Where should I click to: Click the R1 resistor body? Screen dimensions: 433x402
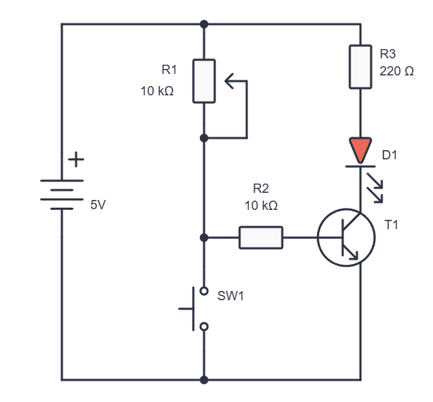pos(204,81)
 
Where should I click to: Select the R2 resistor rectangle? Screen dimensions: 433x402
pos(261,238)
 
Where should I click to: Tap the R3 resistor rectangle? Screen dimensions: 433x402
pos(360,67)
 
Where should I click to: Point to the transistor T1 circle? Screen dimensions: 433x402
pos(318,238)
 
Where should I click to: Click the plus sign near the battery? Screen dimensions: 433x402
pos(76,159)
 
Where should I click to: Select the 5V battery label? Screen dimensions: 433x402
pos(97,205)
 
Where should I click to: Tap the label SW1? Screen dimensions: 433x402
pos(230,296)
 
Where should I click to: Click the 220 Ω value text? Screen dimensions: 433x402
pos(397,71)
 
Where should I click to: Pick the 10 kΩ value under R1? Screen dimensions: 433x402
pos(157,91)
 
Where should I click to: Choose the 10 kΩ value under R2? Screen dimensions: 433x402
pos(261,206)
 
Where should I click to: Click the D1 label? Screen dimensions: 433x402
pos(390,155)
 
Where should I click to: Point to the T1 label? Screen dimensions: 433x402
pos(391,225)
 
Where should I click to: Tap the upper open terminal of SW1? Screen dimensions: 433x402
pos(204,291)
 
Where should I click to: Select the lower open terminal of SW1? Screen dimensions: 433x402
pos(204,327)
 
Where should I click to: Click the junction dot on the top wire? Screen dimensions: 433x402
pos(204,24)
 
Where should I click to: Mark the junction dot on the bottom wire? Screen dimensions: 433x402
pos(204,380)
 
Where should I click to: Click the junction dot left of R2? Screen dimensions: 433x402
pos(204,238)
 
